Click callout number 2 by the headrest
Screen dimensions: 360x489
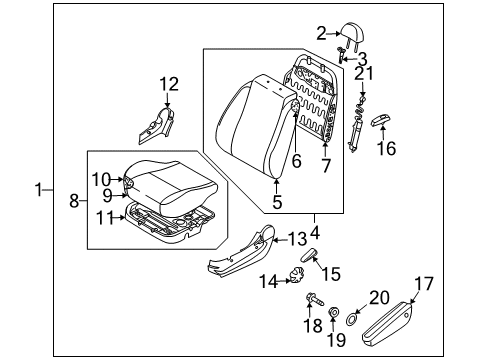(322, 34)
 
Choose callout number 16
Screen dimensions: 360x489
(386, 149)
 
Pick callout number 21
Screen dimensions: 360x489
(366, 74)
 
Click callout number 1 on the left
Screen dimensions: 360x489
(41, 188)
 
